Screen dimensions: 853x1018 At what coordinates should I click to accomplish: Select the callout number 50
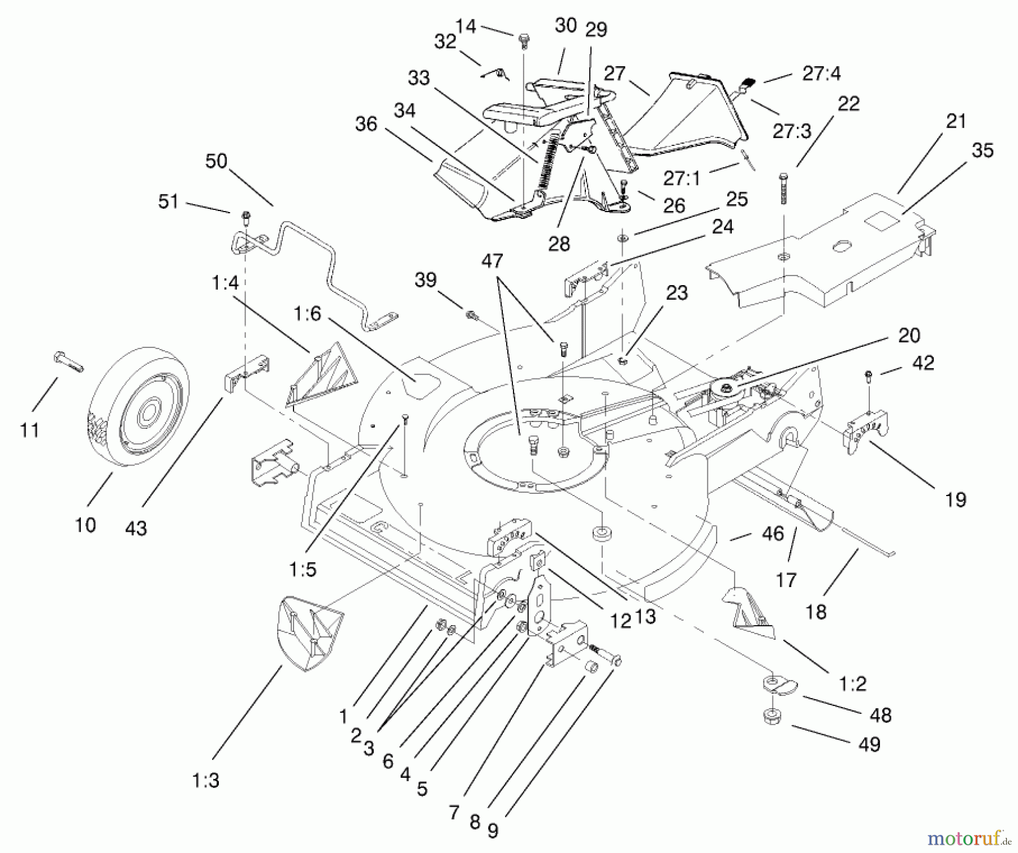[216, 161]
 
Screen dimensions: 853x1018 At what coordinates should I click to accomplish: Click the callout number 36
[366, 124]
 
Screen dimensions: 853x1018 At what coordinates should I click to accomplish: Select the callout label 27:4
[821, 74]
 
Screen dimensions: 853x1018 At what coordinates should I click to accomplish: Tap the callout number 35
[982, 150]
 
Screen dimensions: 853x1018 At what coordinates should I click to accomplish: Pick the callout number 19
[956, 499]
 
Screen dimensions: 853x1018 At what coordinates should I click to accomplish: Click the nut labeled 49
[773, 718]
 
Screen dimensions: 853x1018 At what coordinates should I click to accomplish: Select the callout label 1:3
[205, 781]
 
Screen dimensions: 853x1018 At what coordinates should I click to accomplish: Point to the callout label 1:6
[307, 313]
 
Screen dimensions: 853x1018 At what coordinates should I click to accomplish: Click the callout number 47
[492, 261]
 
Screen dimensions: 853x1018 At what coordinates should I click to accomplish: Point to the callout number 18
[816, 611]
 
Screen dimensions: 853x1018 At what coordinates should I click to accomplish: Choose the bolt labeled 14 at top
[524, 40]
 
